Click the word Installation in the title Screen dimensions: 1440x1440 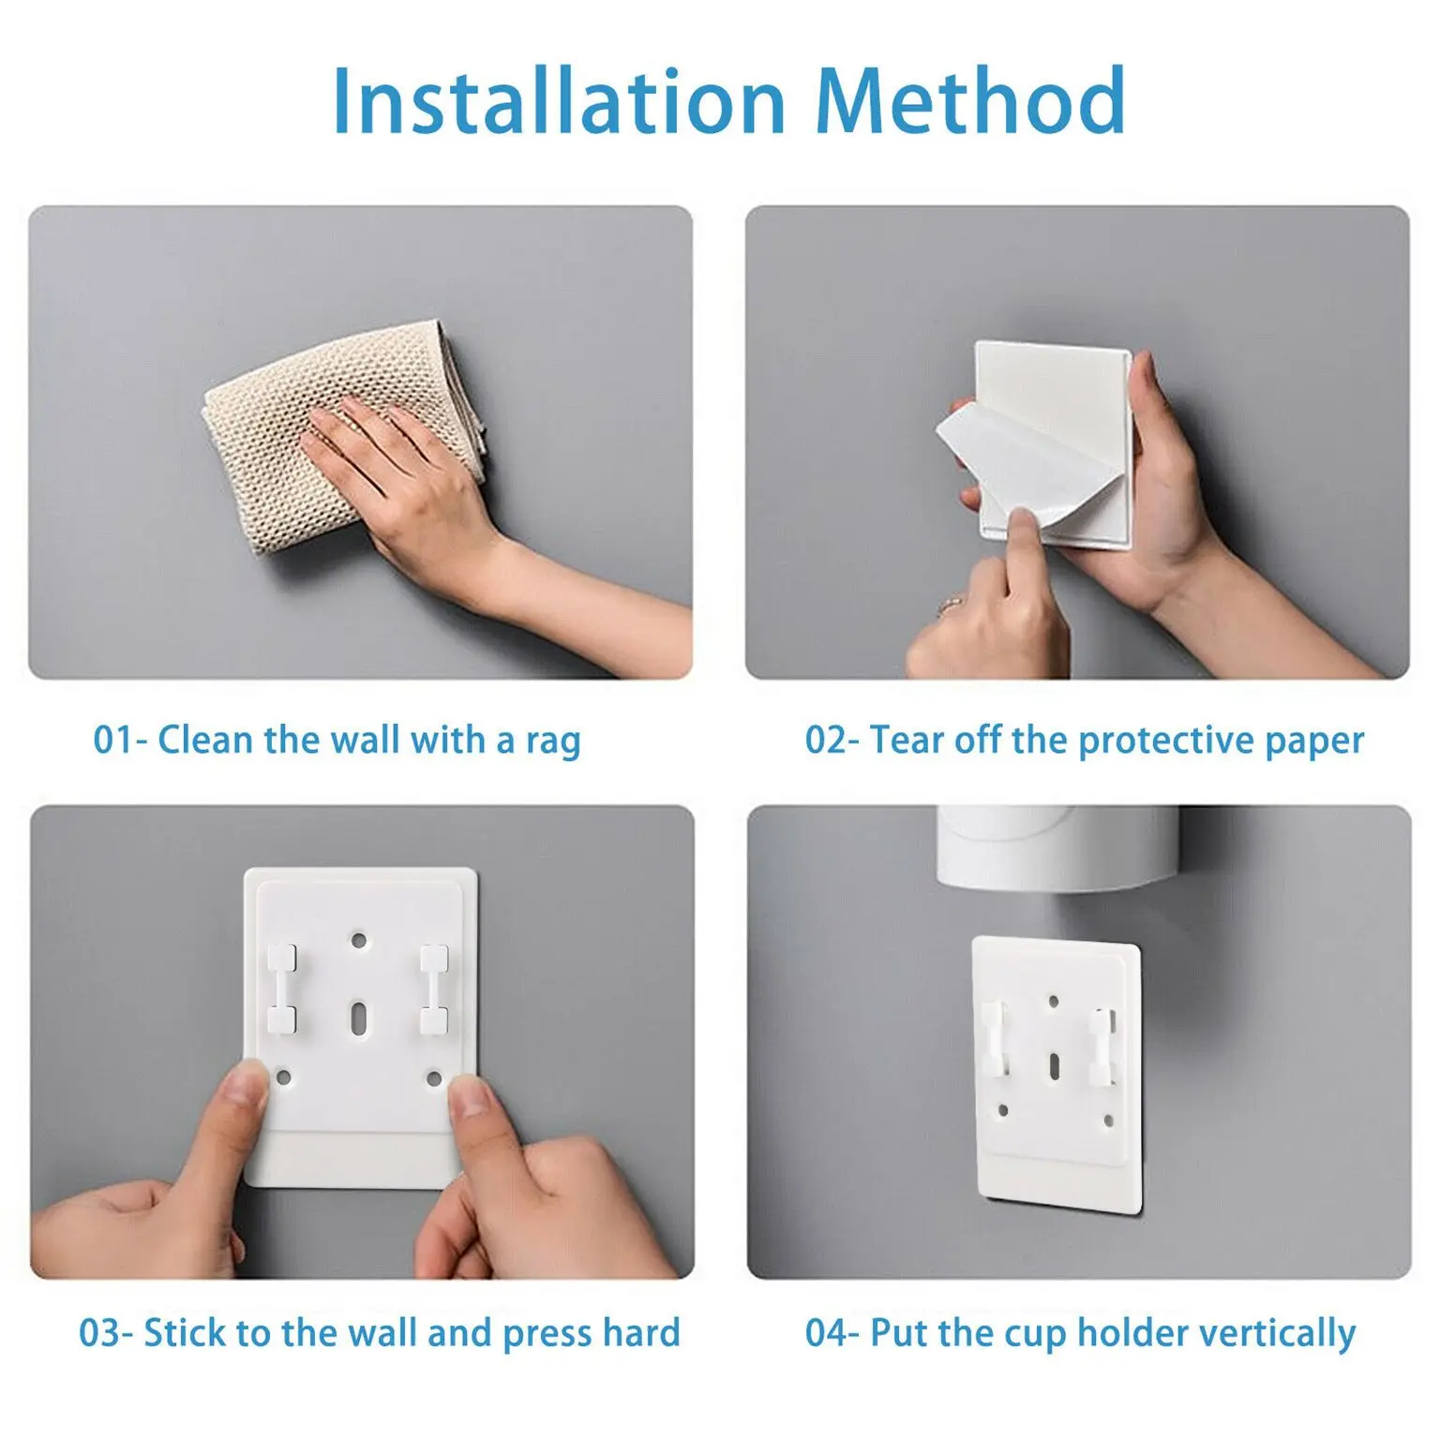click(559, 101)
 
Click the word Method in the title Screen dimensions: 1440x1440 click(970, 101)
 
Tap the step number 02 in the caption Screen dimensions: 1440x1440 click(826, 741)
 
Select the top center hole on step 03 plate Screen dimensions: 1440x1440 click(359, 939)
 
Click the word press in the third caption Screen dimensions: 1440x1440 click(546, 1333)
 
